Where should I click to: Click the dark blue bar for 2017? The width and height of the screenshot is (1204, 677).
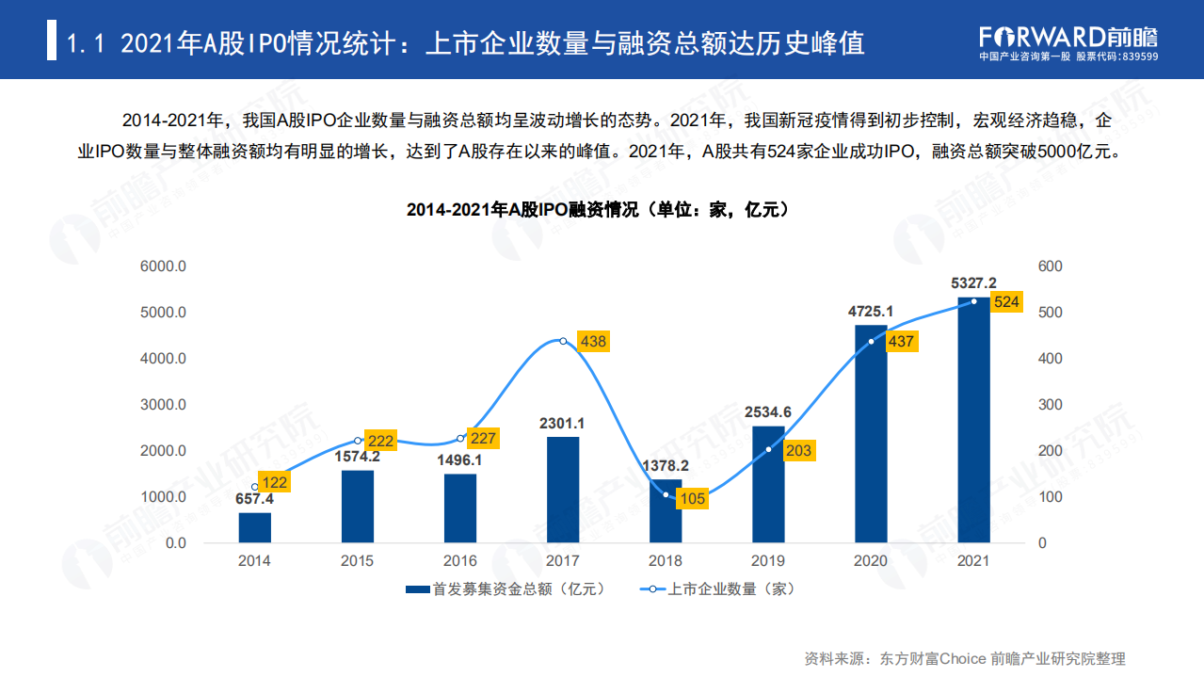[x=563, y=490]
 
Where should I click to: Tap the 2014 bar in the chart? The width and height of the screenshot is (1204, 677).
[x=254, y=527]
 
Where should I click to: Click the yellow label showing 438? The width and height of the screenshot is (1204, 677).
[x=593, y=341]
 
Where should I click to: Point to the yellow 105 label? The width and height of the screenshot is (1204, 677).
[x=692, y=499]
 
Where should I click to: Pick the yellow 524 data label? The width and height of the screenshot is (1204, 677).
[x=1006, y=302]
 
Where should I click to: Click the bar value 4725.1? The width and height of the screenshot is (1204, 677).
[x=871, y=312]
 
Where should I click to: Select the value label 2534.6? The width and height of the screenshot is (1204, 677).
[x=768, y=412]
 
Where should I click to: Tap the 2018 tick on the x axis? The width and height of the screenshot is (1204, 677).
[x=666, y=561]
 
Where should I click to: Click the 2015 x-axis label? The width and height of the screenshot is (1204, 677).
[x=357, y=561]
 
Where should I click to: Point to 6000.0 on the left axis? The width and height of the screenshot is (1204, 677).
[x=163, y=266]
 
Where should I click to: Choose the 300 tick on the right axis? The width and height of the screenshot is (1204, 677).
[x=1050, y=405]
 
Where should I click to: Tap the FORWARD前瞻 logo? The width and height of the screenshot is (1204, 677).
[x=1068, y=37]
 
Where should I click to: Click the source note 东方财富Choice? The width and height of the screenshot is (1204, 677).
[x=932, y=658]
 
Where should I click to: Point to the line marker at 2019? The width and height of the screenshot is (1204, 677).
[x=769, y=449]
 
